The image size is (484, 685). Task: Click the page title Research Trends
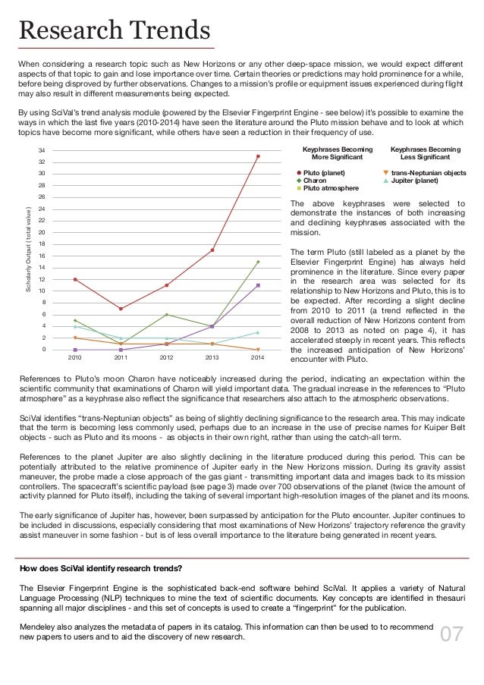pyautogui.click(x=114, y=31)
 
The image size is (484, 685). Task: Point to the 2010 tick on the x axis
pyautogui.click(x=75, y=356)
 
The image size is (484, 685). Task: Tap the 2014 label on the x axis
pyautogui.click(x=258, y=356)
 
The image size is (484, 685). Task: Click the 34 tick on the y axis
pyautogui.click(x=43, y=151)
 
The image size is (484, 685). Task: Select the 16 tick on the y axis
pyautogui.click(x=43, y=256)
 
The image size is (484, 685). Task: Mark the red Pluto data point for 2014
pyautogui.click(x=258, y=156)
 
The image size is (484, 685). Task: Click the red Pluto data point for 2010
pyautogui.click(x=75, y=279)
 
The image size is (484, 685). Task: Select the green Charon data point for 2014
pyautogui.click(x=258, y=262)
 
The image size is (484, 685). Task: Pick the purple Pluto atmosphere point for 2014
pyautogui.click(x=258, y=285)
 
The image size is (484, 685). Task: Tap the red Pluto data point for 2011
pyautogui.click(x=121, y=309)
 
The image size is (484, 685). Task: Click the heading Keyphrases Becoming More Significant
pyautogui.click(x=333, y=153)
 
